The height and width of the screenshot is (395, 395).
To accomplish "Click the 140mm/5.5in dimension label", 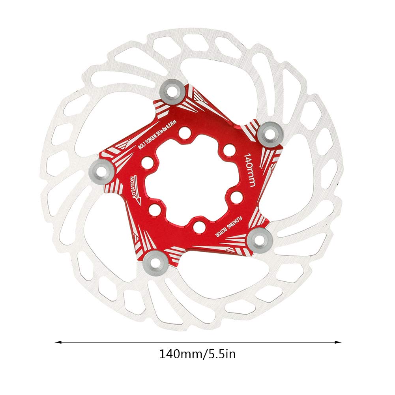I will (197, 354).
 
